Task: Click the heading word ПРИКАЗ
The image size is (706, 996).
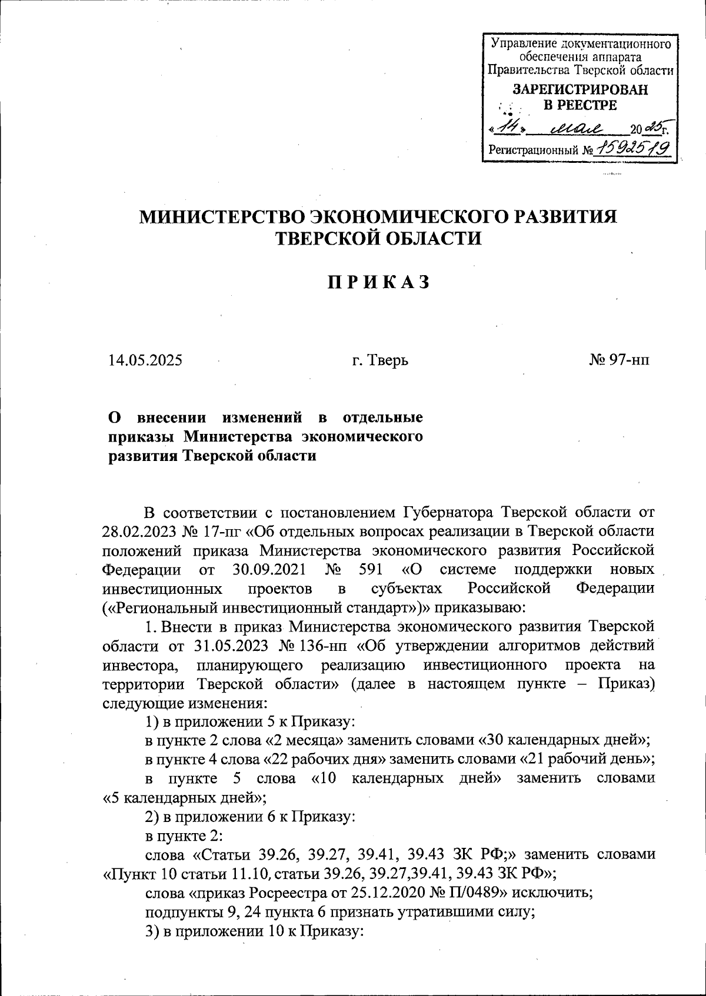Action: pos(378,283)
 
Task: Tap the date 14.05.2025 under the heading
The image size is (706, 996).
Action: pos(145,360)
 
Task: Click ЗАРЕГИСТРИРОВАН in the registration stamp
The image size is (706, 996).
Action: pos(580,90)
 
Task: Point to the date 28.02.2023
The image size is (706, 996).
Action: pos(138,531)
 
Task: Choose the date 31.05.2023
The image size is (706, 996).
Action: pos(231,646)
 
